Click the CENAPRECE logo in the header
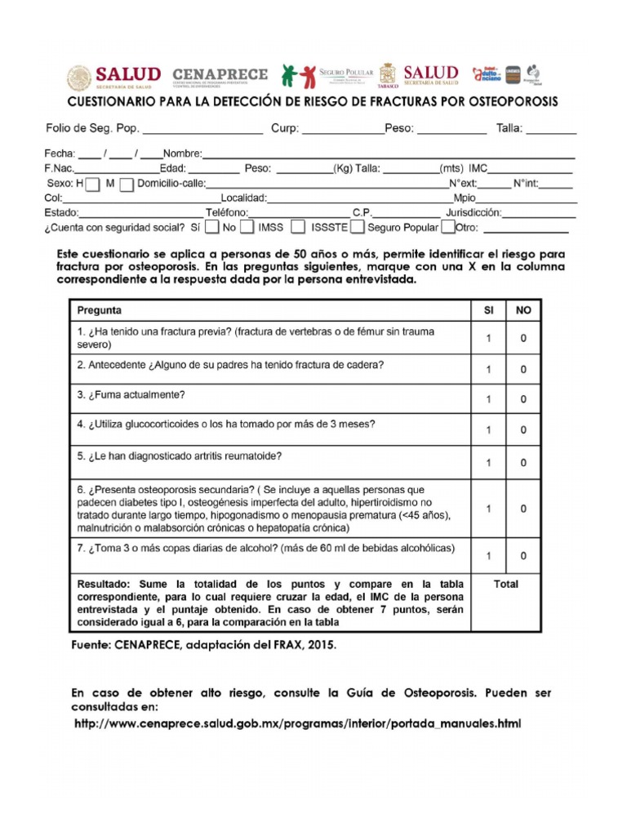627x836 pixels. pos(220,77)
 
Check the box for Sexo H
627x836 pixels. pos(93,185)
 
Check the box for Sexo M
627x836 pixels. pos(126,185)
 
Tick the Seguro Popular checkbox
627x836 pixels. pos(448,227)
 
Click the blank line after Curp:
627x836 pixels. pos(344,130)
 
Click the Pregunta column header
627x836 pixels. pos(100,310)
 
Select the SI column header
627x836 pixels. pos(489,310)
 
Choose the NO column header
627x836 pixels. pos(523,310)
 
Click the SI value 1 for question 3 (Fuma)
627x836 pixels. pos(489,399)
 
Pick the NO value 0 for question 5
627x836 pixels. pos(523,463)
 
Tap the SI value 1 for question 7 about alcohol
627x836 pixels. pos(489,556)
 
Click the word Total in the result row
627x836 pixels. pos(506,585)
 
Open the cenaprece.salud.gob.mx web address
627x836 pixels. pos(297,724)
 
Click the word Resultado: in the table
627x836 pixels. pos(105,585)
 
